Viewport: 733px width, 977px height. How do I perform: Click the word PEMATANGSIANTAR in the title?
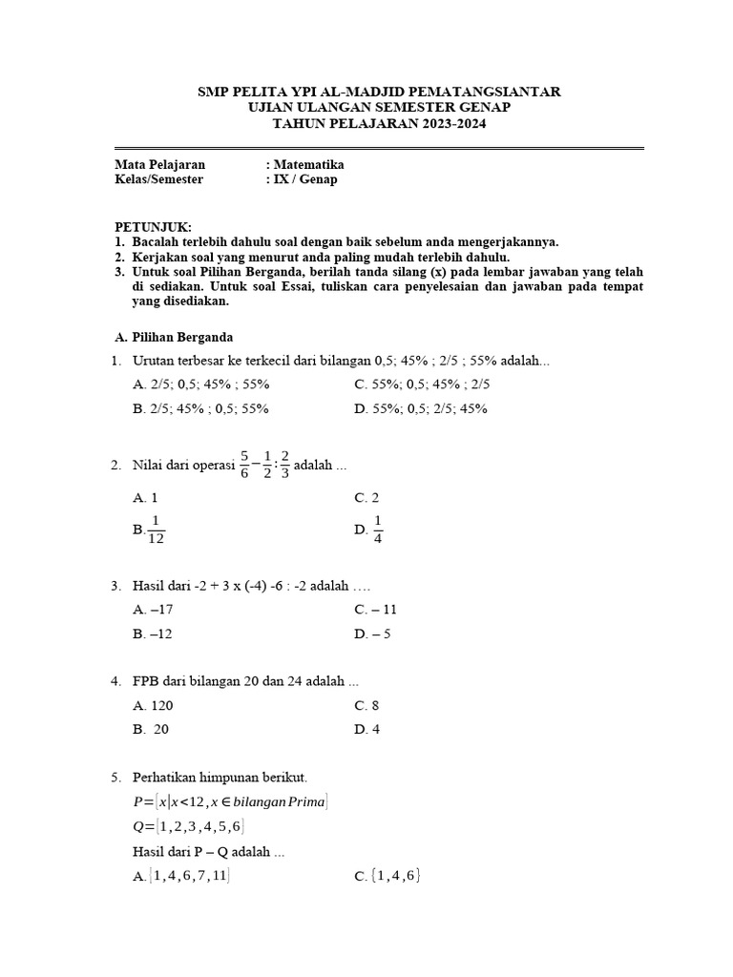click(x=485, y=92)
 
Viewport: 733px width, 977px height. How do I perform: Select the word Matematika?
click(x=307, y=164)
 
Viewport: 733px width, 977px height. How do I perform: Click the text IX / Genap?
click(x=304, y=179)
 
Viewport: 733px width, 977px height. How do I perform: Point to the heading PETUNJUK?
click(x=153, y=227)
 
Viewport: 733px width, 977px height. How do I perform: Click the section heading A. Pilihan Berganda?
click(x=173, y=337)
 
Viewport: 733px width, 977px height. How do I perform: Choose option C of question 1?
click(x=421, y=385)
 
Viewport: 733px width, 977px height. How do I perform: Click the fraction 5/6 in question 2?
click(x=244, y=466)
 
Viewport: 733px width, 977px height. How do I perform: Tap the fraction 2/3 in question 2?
click(x=285, y=466)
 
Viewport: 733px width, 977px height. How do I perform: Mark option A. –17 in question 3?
click(x=154, y=609)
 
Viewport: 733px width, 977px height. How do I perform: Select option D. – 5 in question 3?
click(x=372, y=633)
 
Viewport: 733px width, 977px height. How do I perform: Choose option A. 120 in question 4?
click(x=154, y=706)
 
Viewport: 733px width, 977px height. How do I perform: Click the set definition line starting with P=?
click(x=232, y=802)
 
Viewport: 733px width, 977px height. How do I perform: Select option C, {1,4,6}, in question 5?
click(x=387, y=875)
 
